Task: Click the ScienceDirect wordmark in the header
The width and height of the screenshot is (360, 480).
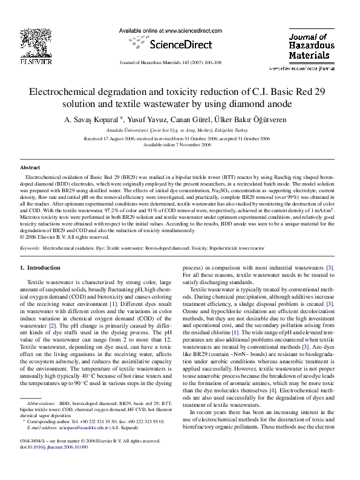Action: pos(180,44)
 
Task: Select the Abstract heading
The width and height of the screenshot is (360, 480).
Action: pos(30,167)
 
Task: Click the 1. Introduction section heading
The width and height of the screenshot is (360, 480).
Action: pos(40,267)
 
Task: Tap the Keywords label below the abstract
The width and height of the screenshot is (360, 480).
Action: pos(31,248)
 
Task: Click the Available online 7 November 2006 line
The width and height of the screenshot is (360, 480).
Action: pos(180,145)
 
